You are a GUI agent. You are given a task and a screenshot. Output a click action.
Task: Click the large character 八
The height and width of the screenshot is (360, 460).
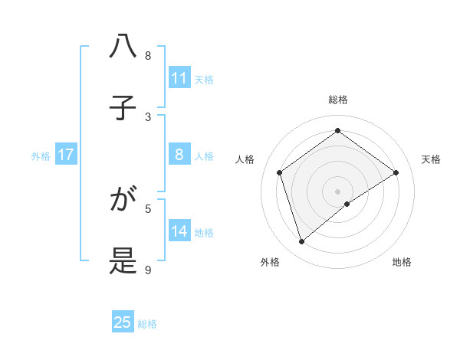point(123,47)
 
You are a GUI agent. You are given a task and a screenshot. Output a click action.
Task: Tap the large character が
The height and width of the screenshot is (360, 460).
point(123,201)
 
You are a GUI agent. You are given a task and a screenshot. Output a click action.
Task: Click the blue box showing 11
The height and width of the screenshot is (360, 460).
point(179,78)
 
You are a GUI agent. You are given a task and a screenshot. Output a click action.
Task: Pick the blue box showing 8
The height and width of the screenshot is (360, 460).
point(179,155)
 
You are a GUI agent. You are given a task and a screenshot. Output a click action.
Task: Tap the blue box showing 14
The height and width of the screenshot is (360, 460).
point(179,232)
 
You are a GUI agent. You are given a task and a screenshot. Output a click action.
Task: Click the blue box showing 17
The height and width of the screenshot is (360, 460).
point(65,155)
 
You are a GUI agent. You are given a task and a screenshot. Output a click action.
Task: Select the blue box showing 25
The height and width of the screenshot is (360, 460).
point(123,322)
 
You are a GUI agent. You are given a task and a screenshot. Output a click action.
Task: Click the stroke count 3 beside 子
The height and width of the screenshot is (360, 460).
point(148,116)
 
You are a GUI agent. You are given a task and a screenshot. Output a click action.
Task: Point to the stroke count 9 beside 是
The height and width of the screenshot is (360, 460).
point(148,270)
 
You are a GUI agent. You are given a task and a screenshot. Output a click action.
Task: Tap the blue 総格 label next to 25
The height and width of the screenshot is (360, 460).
point(147,324)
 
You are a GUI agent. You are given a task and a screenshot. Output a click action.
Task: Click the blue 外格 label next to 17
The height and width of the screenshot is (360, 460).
point(41,156)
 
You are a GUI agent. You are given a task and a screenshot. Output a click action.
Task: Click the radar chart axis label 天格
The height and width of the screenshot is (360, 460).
point(431,159)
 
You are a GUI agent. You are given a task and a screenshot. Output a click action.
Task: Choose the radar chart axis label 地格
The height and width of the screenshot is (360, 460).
point(402,262)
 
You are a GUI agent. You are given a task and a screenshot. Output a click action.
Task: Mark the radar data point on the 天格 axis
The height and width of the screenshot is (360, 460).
point(396,172)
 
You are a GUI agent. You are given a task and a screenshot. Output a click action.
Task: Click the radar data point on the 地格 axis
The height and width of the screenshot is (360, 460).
point(347,204)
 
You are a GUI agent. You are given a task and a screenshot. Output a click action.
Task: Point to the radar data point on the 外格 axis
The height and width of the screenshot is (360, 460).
point(302,242)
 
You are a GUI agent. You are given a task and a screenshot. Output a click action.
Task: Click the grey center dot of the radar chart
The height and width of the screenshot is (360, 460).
point(337,191)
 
